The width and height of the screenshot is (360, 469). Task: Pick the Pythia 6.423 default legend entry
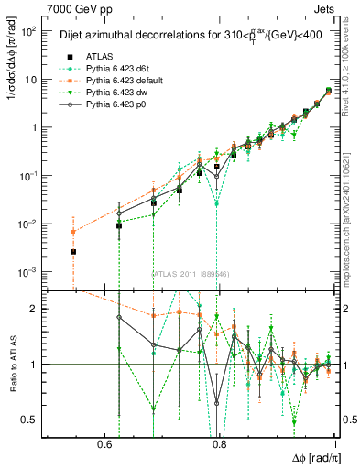[118, 80]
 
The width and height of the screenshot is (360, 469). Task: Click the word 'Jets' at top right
[327, 8]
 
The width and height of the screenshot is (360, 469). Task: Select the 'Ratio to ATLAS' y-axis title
[13, 365]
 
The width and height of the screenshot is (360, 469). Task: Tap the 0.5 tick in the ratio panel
[29, 420]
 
